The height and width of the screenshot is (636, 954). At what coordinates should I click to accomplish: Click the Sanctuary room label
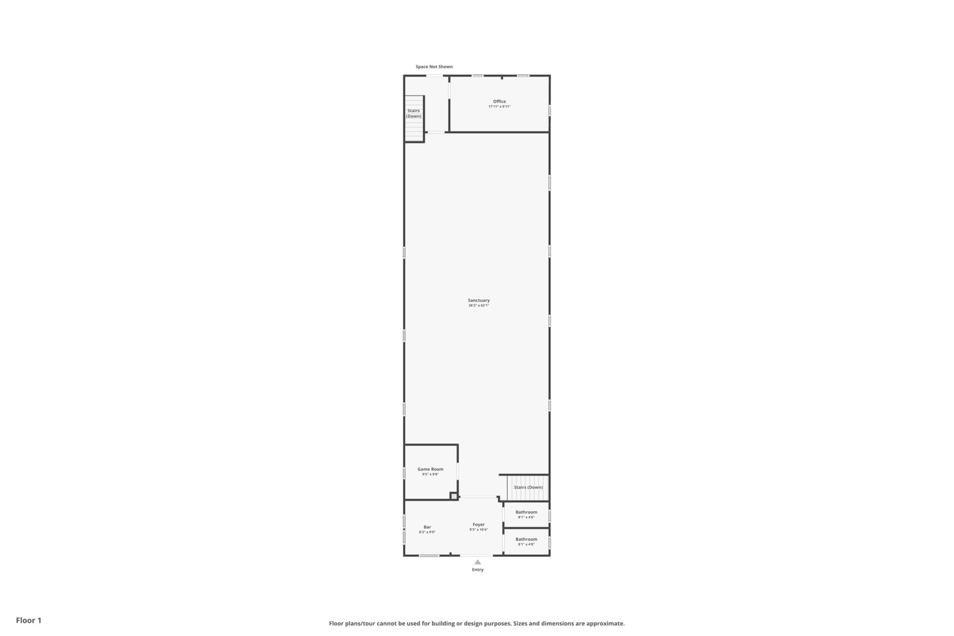tap(479, 300)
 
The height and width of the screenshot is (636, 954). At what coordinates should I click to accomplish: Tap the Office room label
tap(499, 101)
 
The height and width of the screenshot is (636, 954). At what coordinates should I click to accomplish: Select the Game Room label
tap(430, 469)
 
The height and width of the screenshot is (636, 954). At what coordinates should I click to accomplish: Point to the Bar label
tap(427, 527)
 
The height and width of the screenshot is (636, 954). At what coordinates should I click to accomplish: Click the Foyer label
tap(478, 525)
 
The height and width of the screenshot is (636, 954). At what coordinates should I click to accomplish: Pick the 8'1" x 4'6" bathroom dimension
tap(526, 518)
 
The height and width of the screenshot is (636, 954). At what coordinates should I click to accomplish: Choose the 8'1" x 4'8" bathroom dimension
tap(526, 545)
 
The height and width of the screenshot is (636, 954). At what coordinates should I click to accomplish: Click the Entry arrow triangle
tap(478, 562)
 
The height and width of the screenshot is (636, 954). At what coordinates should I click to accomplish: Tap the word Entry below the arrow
tap(478, 570)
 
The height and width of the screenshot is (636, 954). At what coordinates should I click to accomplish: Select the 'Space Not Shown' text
tap(434, 67)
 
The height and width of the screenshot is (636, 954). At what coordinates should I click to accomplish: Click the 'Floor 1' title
tap(28, 621)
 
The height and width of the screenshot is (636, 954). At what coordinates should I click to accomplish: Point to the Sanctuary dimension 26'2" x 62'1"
tap(479, 306)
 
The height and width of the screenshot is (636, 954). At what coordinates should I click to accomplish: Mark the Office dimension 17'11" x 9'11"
tap(499, 107)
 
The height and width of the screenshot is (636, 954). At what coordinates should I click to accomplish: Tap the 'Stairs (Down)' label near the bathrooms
tap(528, 488)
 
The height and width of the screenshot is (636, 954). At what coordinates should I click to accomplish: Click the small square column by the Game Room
tap(453, 496)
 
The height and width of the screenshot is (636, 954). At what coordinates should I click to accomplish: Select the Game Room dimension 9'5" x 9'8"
tap(430, 475)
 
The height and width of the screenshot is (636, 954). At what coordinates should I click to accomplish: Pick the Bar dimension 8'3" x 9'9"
tap(427, 532)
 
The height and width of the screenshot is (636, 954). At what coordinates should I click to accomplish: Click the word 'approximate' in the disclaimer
tap(606, 624)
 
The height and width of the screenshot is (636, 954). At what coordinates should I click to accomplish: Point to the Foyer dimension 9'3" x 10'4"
tap(478, 530)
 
